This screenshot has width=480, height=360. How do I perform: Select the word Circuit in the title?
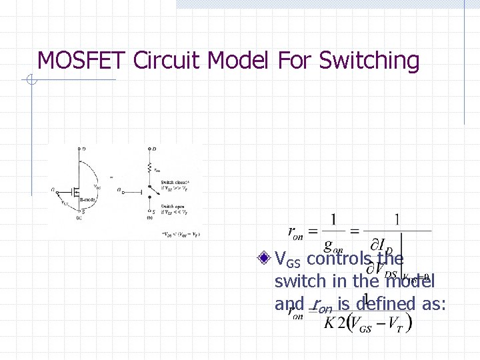[x=168, y=61]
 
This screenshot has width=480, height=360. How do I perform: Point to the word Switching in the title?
[x=369, y=61]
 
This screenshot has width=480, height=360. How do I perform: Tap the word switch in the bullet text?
[x=297, y=281]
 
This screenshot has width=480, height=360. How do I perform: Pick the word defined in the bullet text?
[x=384, y=304]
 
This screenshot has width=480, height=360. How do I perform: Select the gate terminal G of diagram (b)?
[x=119, y=190]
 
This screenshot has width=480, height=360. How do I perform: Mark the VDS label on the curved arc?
[x=97, y=187]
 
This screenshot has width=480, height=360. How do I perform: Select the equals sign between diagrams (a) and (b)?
[x=111, y=177]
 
